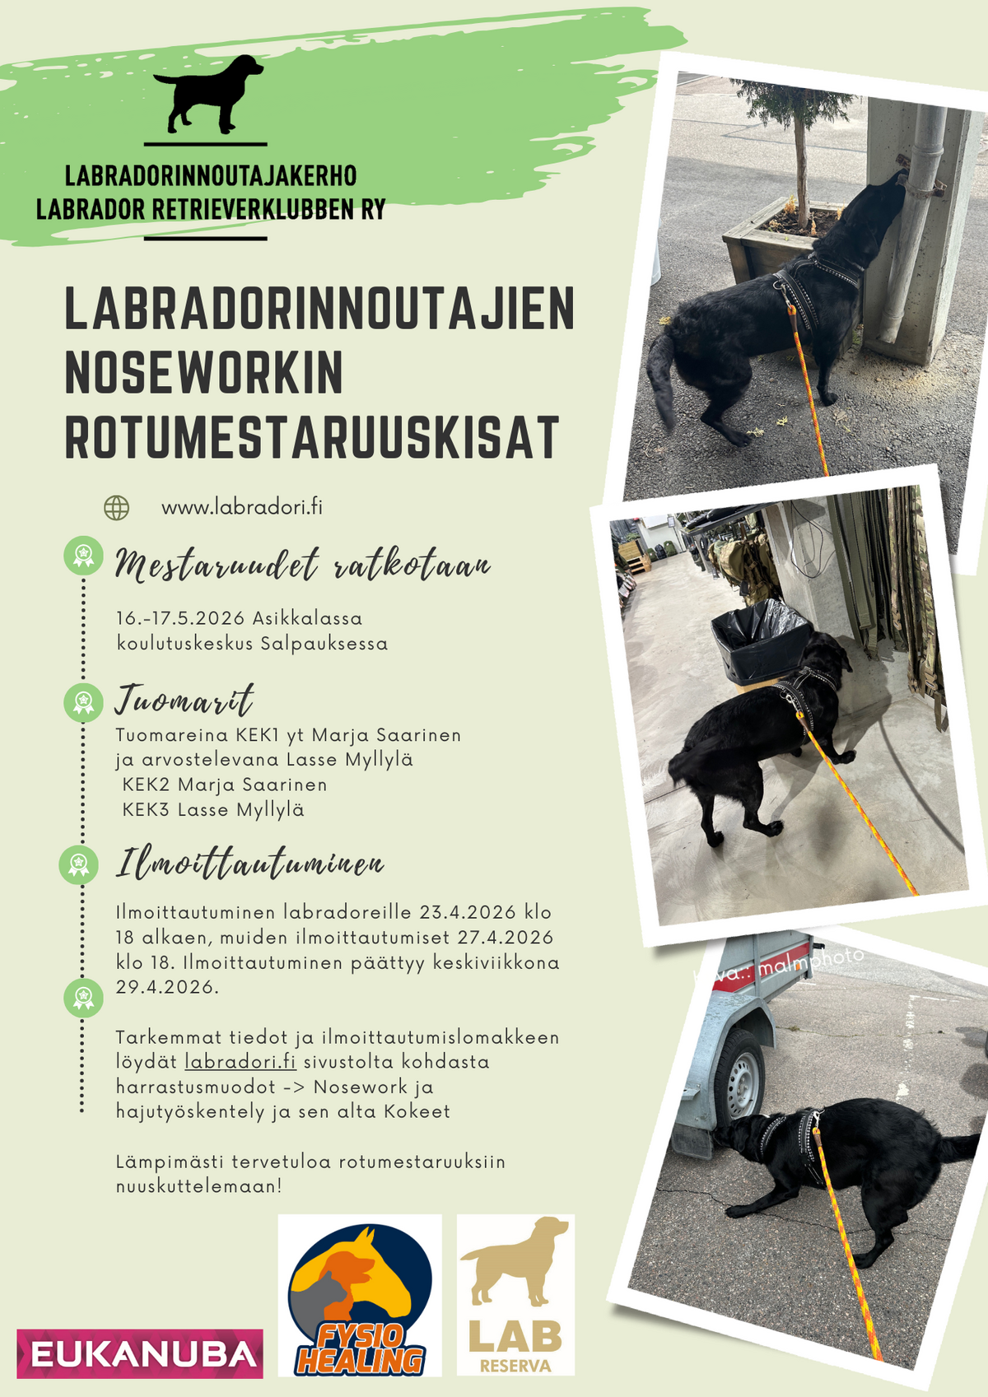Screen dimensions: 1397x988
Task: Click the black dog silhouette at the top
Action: click(207, 94)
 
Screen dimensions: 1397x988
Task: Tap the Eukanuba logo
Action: click(140, 1353)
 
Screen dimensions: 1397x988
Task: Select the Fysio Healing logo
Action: click(360, 1294)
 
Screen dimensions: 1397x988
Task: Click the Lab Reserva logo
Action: click(515, 1294)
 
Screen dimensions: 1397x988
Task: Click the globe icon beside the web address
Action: click(117, 508)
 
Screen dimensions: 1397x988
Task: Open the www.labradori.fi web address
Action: click(242, 507)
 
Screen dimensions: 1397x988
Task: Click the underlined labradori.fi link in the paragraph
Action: click(240, 1062)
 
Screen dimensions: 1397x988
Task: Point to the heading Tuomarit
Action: click(184, 701)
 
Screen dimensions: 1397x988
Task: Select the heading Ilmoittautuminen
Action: click(249, 864)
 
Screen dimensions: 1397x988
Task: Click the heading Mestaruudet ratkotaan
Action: click(302, 566)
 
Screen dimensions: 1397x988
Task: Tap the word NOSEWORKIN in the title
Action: click(204, 373)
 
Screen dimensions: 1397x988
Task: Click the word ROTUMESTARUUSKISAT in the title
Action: click(312, 437)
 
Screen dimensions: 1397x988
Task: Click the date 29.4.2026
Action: click(167, 987)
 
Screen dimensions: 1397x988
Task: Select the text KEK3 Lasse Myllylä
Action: click(213, 810)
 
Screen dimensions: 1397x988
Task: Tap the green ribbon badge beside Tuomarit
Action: click(83, 702)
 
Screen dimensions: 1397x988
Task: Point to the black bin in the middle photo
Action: click(760, 640)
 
